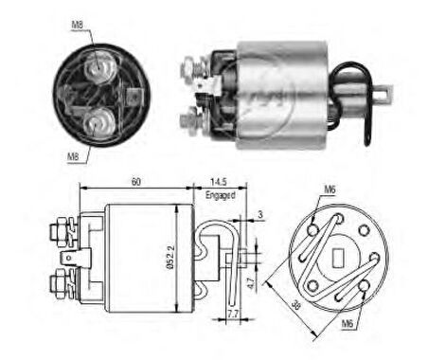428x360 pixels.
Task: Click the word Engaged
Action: pos(220,194)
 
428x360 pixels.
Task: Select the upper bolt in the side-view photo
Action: pos(192,67)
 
